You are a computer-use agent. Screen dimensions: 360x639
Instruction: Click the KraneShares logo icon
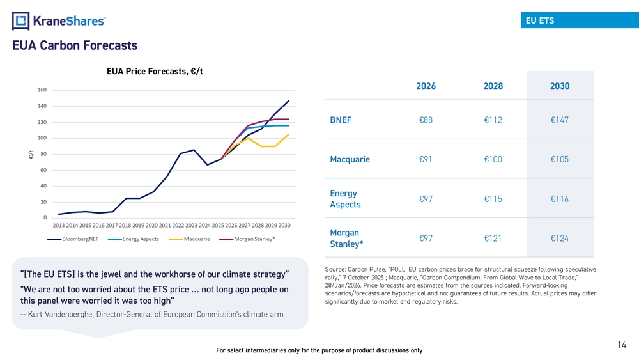click(x=22, y=21)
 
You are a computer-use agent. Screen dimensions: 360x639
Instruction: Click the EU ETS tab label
click(x=539, y=20)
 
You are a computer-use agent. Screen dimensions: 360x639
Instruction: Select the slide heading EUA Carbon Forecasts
click(x=75, y=46)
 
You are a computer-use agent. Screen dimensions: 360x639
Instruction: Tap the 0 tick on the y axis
click(x=44, y=218)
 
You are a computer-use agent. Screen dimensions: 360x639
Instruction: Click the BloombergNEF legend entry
click(x=74, y=239)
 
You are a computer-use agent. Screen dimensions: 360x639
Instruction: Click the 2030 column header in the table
click(x=560, y=86)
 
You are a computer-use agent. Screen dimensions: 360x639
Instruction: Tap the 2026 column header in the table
click(x=426, y=86)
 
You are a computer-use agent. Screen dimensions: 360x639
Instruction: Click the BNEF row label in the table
click(x=341, y=120)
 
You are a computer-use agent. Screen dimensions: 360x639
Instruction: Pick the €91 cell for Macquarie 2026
click(x=426, y=159)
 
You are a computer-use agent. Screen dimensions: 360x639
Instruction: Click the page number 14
click(x=622, y=345)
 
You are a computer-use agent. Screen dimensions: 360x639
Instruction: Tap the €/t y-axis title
click(x=30, y=154)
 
